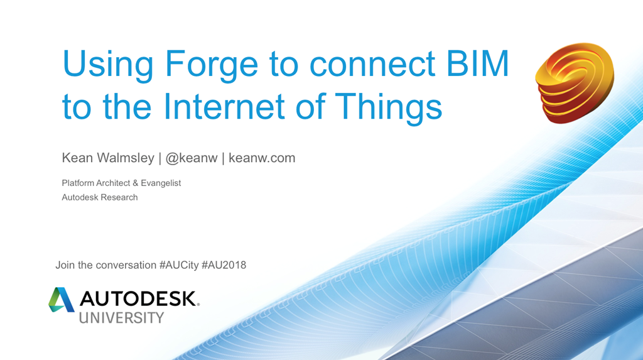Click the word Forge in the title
coord(211,65)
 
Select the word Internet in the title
coord(224,106)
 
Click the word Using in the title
coord(108,65)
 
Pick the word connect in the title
coord(372,65)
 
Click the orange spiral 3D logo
coord(575,83)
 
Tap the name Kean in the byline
coord(77,158)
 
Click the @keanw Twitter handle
coord(191,158)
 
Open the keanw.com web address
coord(262,158)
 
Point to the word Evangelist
coord(161,183)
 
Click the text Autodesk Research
coord(100,197)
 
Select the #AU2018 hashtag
coord(224,265)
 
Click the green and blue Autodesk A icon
coord(61,300)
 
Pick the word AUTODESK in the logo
coord(138,299)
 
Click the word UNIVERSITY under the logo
coord(121,318)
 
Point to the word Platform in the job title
coord(78,183)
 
